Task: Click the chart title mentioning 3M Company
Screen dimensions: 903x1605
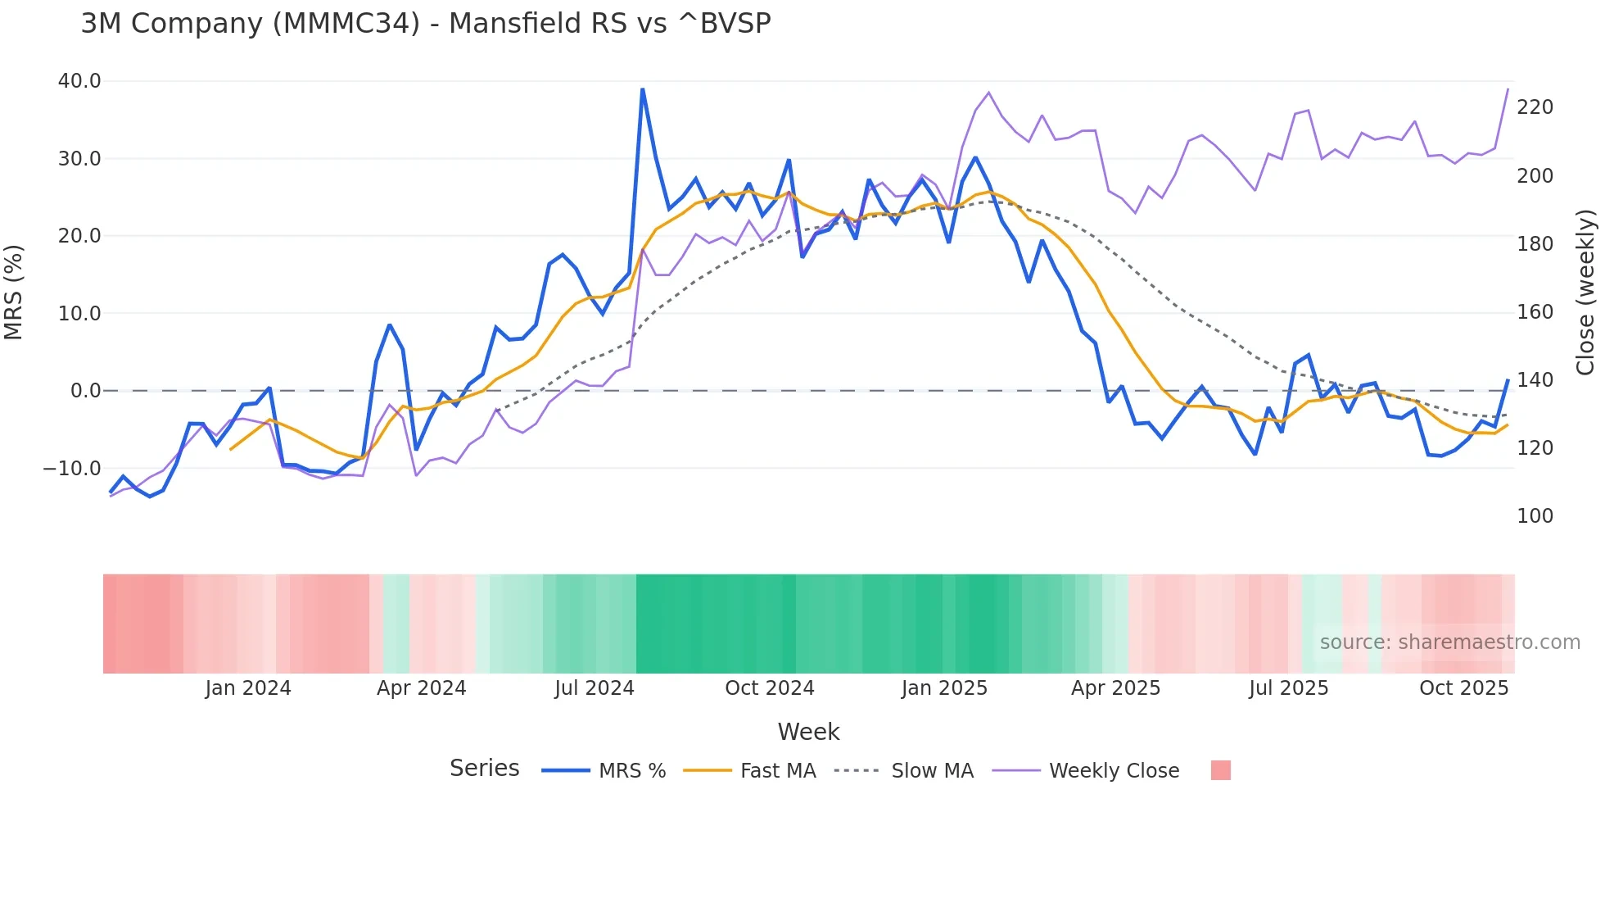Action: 426,24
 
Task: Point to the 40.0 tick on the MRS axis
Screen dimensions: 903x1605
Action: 79,81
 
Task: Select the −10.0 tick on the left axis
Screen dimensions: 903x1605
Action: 73,469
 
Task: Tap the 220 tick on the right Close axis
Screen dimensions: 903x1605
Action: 1535,107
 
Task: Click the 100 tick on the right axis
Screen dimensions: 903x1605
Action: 1535,516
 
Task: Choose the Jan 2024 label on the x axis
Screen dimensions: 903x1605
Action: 248,688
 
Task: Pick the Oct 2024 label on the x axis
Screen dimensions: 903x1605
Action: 769,688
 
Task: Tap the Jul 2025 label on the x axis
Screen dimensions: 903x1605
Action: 1288,688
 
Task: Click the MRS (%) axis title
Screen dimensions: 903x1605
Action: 14,293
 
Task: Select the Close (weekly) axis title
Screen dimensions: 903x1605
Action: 1585,293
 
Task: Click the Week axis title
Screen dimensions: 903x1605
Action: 808,732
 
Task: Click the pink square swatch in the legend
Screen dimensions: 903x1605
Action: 1220,770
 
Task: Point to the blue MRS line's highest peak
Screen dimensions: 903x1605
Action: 643,89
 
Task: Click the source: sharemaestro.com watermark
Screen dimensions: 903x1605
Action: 1449,642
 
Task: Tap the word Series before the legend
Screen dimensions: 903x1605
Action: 484,769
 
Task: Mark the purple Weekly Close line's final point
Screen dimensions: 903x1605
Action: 1508,89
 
